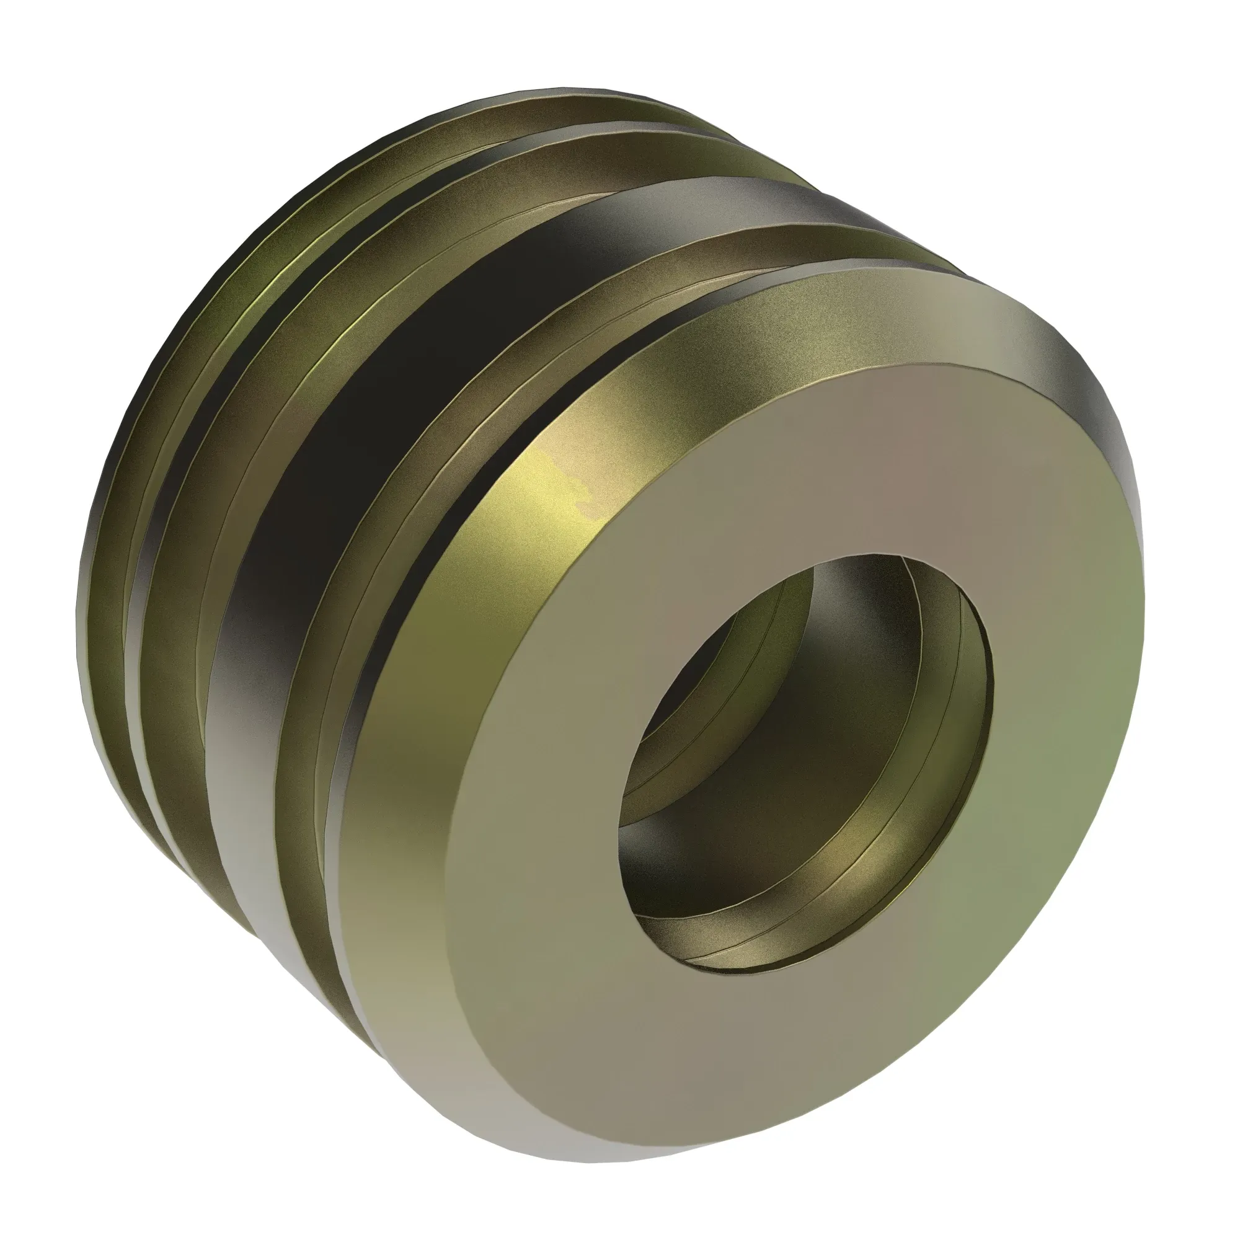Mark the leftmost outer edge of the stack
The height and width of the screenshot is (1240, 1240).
click(78, 609)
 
